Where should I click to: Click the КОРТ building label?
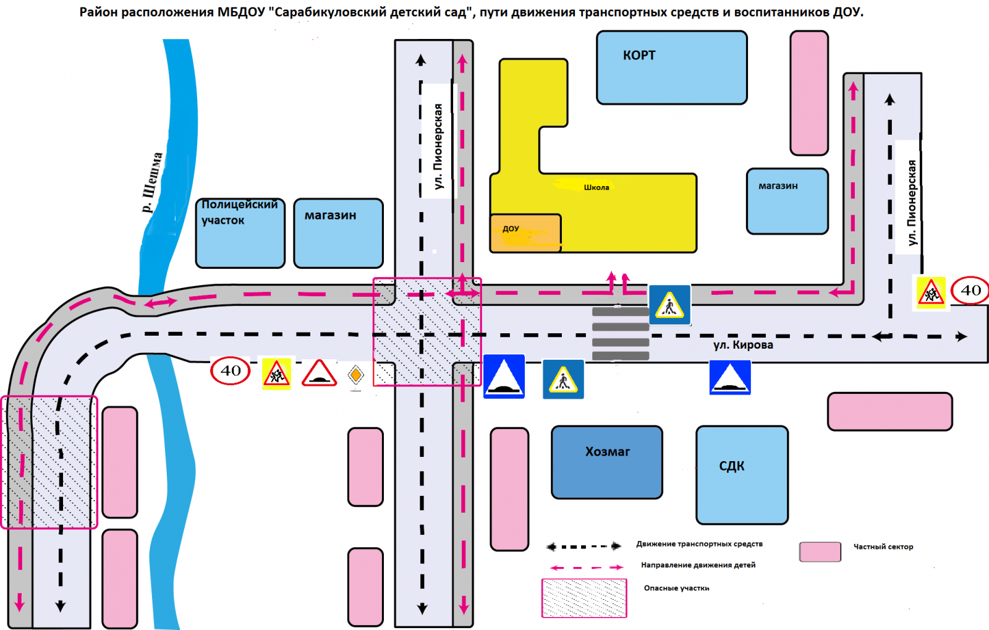coord(639,56)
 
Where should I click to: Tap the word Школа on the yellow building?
coord(596,187)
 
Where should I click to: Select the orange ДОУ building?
coord(525,233)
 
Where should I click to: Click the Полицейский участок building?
coord(240,233)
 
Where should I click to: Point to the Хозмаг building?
coord(607,462)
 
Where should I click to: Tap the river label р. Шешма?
coord(152,182)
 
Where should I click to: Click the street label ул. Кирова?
coord(743,345)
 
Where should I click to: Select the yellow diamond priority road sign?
coord(355,375)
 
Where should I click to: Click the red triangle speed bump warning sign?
coord(319,373)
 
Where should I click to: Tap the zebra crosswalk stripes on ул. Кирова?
coord(621,334)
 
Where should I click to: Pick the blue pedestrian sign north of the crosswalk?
coord(669,305)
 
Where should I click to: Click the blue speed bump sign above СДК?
coord(730,377)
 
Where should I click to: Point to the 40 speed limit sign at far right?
coord(970,291)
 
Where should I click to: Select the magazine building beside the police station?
coord(338,233)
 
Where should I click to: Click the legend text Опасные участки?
coord(676,588)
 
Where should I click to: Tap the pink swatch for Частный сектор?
coord(820,551)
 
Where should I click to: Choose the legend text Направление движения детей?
coord(698,565)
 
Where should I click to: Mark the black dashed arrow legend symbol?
coord(584,547)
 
